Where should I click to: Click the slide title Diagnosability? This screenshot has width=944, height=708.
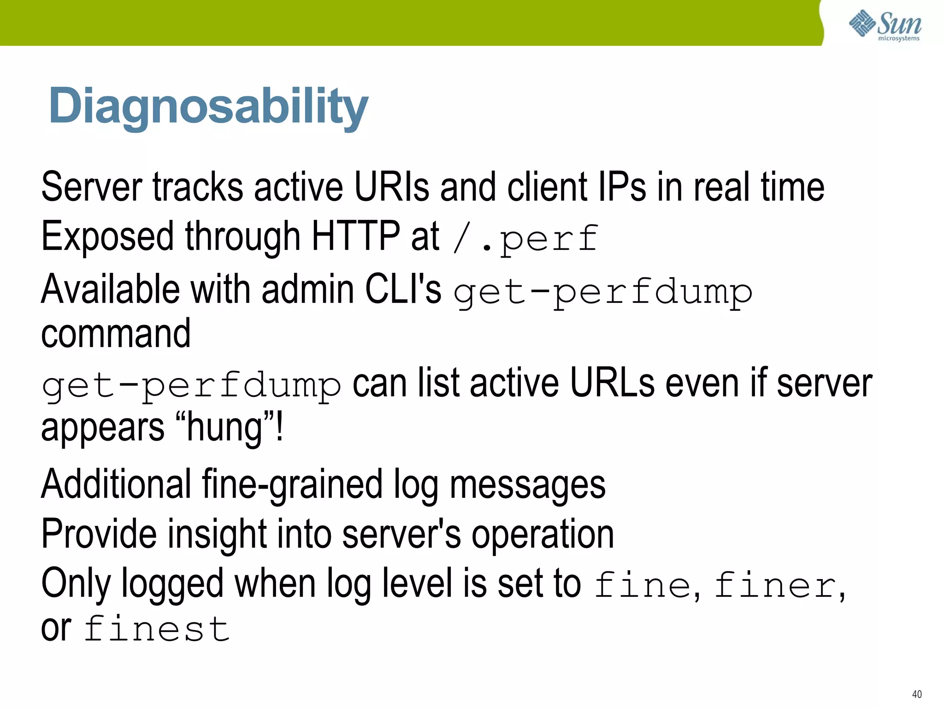[208, 106]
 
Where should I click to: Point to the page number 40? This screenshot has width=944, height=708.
[917, 694]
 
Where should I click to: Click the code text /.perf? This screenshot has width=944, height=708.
[525, 238]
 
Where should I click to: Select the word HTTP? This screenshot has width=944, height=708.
[356, 236]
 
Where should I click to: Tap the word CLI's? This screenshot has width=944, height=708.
[403, 289]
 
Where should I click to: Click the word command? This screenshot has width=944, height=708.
[116, 334]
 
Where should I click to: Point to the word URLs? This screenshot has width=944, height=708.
[612, 383]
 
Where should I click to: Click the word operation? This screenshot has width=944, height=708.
[543, 535]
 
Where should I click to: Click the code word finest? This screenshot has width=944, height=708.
[157, 629]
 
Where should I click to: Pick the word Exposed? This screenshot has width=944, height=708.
[107, 237]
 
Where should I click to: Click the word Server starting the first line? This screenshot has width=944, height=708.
[92, 187]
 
